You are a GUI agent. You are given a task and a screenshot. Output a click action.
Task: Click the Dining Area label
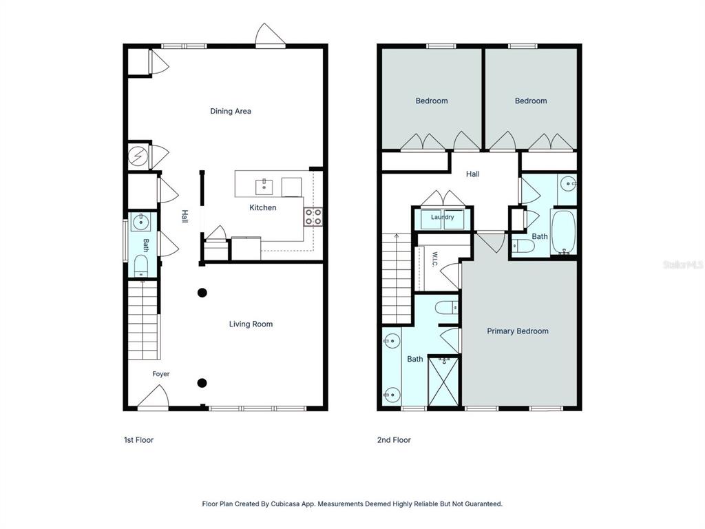[231, 111]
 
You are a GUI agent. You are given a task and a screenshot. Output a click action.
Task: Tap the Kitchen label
[262, 207]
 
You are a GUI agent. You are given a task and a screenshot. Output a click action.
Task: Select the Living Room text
[251, 324]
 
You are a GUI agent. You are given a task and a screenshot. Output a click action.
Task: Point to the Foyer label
[161, 374]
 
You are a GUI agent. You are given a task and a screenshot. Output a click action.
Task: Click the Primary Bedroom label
[518, 331]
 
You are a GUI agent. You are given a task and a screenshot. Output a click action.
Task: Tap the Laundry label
[443, 217]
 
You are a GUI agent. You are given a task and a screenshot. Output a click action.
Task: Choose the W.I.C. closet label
[434, 259]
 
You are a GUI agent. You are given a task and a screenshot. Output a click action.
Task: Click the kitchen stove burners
[313, 216]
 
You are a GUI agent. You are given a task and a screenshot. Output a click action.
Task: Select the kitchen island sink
[264, 186]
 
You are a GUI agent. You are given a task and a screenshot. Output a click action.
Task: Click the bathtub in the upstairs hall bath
[563, 232]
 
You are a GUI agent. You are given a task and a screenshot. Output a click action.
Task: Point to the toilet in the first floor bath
[141, 266]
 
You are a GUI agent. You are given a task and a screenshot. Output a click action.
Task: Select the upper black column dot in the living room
[202, 293]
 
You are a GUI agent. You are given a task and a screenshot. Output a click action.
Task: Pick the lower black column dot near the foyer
[202, 383]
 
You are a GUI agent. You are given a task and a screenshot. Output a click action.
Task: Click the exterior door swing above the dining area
[270, 34]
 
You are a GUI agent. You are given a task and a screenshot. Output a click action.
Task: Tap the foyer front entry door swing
[154, 397]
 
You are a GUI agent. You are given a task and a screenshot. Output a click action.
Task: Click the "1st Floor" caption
[138, 440]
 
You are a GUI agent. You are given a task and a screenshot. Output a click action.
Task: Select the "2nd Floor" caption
[394, 440]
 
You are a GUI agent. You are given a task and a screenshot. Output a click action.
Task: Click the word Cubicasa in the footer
[285, 504]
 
